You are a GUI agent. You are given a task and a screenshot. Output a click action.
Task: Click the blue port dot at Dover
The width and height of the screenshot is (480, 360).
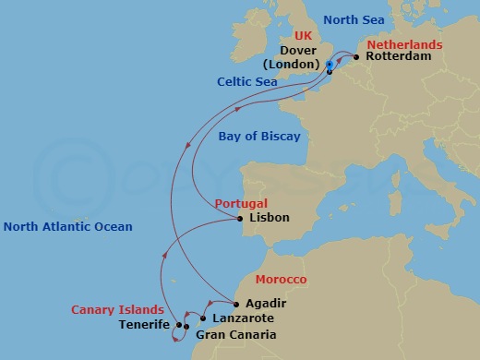pos(330,65)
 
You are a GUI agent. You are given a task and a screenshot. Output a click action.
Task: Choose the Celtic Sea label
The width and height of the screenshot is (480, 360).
pos(247,81)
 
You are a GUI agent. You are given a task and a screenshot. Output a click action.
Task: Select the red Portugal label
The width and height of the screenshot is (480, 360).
pos(241,203)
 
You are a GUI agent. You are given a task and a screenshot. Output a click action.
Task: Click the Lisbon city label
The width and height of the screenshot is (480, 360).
pos(269,218)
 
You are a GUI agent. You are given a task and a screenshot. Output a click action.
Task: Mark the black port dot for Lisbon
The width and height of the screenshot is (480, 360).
pos(239,218)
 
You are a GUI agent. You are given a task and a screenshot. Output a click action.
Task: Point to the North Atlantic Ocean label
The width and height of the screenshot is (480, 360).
pos(67,226)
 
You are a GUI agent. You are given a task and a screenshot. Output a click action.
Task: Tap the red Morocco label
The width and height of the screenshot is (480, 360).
pos(281,279)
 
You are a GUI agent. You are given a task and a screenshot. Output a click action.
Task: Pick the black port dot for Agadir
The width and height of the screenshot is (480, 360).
pos(236,304)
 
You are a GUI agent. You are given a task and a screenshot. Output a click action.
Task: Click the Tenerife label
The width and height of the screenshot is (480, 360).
pos(144,325)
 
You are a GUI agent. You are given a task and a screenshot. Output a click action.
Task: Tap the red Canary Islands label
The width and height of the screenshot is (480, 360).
pos(117,310)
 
